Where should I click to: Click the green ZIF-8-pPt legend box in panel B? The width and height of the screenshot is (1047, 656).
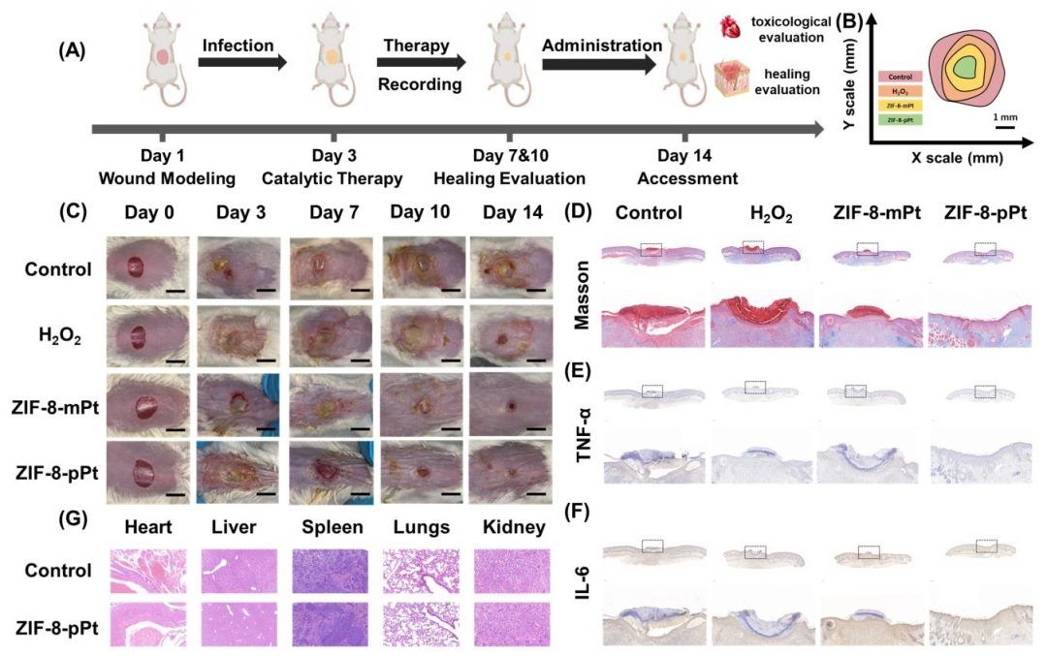(898, 118)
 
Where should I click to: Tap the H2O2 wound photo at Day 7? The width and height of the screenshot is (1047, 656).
(329, 334)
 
